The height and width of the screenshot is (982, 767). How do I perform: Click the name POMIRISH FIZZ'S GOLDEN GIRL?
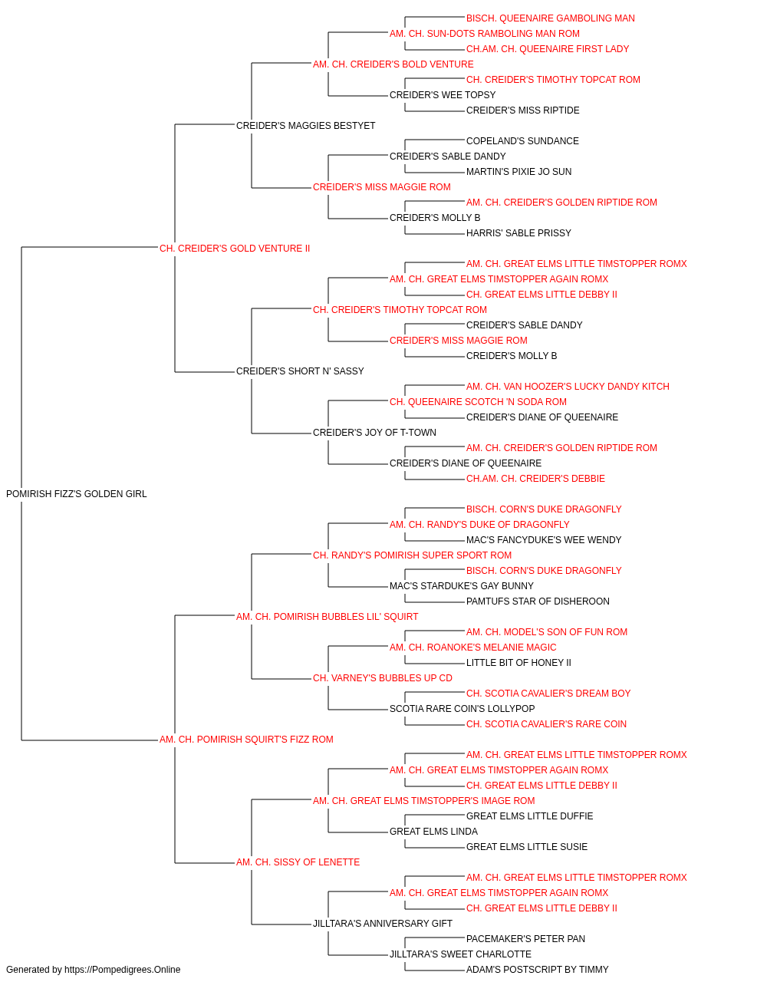click(77, 494)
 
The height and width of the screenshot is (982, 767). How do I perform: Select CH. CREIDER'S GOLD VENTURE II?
click(235, 249)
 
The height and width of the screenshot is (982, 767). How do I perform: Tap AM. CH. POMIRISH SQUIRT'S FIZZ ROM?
click(246, 740)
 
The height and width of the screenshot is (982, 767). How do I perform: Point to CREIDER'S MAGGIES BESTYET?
click(305, 126)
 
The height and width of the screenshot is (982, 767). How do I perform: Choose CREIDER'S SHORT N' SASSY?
click(300, 371)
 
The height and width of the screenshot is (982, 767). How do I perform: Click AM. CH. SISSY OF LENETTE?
click(298, 862)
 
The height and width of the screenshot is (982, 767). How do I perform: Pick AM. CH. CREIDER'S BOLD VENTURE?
click(393, 64)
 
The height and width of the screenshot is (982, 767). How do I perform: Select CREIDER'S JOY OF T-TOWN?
click(374, 433)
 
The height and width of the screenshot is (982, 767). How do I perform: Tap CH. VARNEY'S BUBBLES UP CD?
click(382, 678)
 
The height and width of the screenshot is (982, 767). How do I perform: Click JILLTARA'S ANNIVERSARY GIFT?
click(382, 924)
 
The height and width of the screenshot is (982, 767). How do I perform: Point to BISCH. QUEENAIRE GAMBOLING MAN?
click(550, 18)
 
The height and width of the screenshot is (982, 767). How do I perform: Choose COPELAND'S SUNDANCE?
click(522, 141)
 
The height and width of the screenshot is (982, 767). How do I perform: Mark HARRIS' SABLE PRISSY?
click(518, 233)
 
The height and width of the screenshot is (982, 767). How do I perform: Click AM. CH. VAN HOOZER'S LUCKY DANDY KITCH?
click(568, 387)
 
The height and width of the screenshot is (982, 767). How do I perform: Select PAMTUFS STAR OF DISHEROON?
click(538, 601)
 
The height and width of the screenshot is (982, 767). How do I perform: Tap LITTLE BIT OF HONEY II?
click(518, 663)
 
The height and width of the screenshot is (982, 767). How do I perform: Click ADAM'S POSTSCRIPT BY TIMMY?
click(537, 970)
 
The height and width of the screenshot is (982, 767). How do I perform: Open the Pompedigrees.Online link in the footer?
click(122, 970)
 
